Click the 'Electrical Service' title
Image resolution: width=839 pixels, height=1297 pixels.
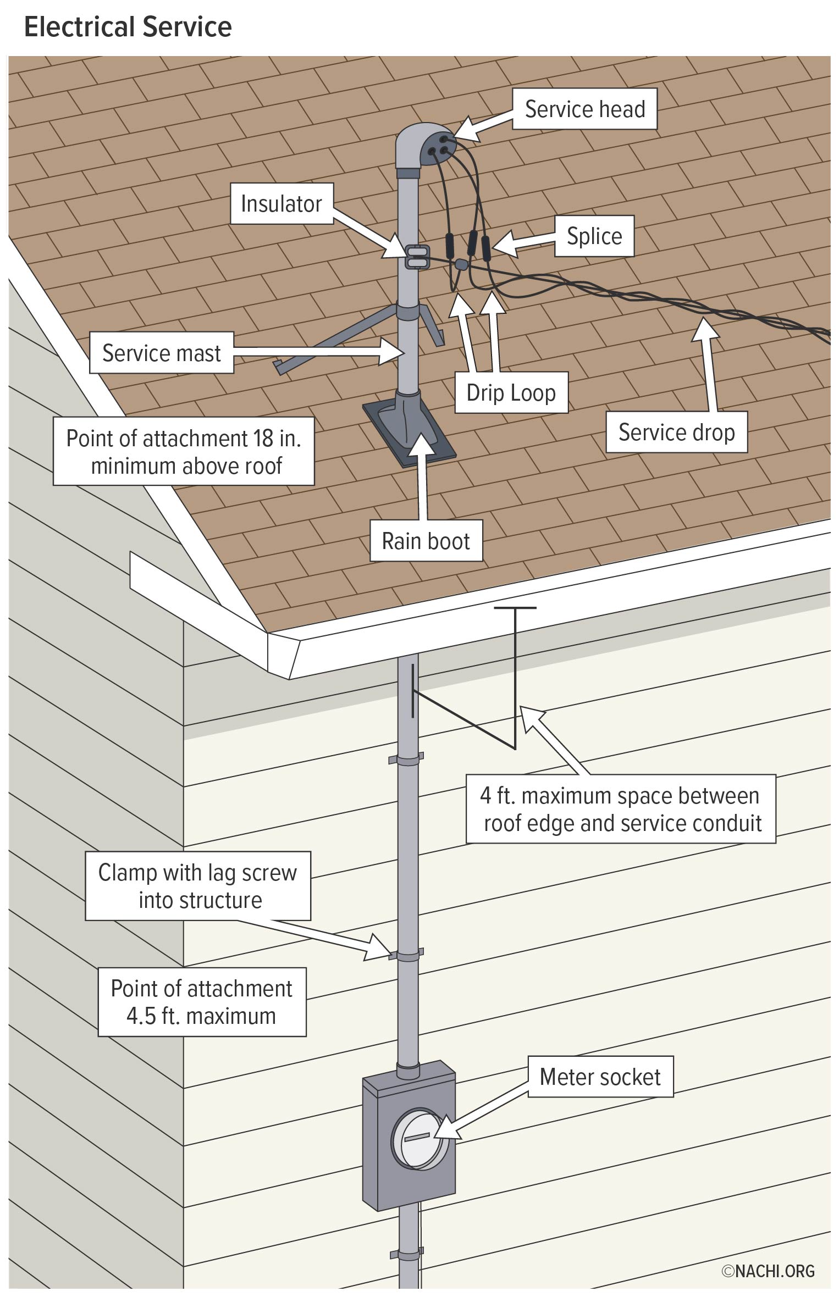click(128, 27)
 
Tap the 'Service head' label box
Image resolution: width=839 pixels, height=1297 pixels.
click(584, 109)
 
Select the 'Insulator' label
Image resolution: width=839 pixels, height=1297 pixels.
click(281, 203)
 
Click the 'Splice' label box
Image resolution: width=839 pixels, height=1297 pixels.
click(594, 236)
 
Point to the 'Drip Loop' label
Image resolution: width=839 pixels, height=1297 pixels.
click(511, 392)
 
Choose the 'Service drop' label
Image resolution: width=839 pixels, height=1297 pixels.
click(676, 432)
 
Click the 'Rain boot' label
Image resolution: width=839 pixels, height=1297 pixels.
click(426, 541)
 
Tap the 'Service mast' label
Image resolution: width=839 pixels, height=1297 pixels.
click(162, 353)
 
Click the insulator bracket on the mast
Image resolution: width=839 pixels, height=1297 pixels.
click(416, 257)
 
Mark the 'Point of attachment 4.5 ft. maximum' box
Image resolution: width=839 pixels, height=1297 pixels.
click(202, 1002)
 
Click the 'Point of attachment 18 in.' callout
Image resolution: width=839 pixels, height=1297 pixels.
click(184, 451)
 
